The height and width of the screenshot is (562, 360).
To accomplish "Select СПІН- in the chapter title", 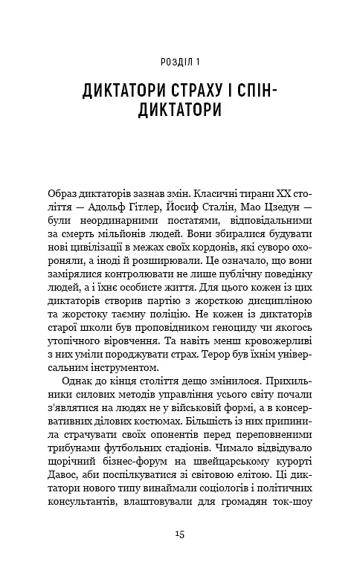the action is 282,92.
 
